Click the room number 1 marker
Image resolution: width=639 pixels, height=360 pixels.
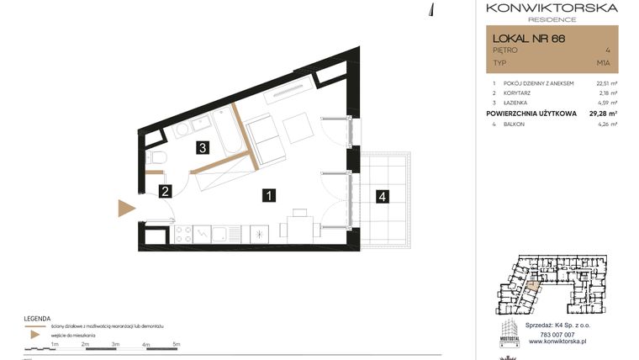[x=267, y=196]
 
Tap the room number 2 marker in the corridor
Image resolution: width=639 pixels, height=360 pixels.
[x=166, y=192]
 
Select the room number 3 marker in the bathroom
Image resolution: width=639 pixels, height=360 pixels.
[x=203, y=148]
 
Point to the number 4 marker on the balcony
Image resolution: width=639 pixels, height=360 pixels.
[x=383, y=197]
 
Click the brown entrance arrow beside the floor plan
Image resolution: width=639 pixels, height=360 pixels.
[x=126, y=208]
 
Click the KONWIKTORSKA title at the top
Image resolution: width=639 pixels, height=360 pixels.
[x=552, y=8]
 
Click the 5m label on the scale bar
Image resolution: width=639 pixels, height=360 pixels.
[x=177, y=344]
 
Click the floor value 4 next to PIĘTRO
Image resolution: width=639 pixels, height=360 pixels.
[x=607, y=50]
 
